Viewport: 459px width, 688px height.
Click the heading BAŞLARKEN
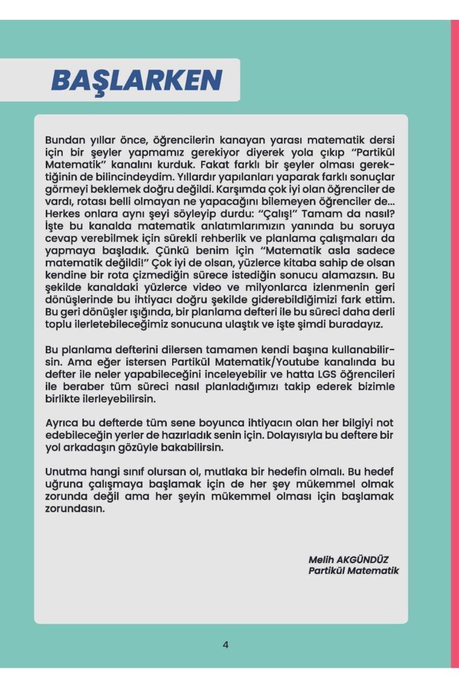click(x=136, y=80)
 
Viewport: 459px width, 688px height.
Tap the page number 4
click(x=226, y=645)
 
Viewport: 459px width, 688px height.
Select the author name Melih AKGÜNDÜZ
click(x=349, y=559)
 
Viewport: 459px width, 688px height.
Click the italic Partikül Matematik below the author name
click(x=353, y=570)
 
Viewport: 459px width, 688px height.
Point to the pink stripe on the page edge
click(x=454, y=344)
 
